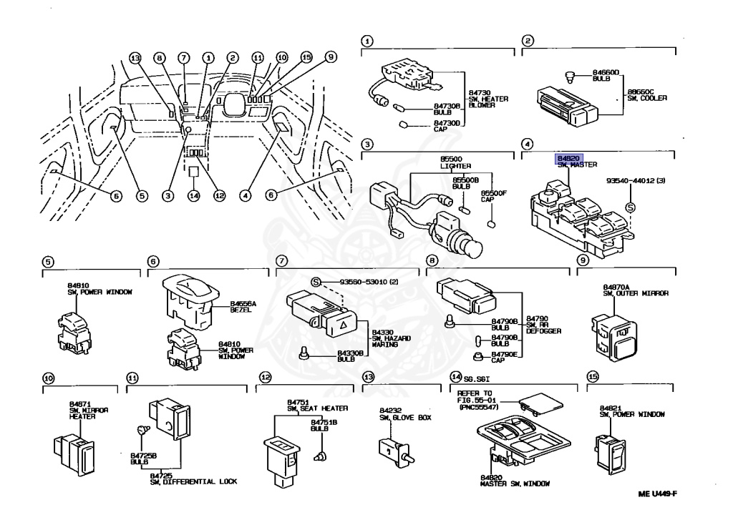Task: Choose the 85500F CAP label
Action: tap(493, 197)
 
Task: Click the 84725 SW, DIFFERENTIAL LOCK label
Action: tap(193, 479)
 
